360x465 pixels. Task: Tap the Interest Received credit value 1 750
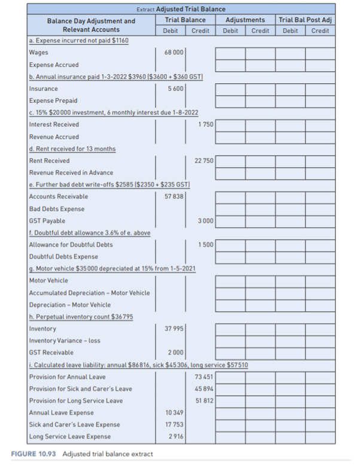click(205, 124)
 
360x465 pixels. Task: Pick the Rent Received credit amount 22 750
click(204, 160)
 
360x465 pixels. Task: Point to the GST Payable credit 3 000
click(205, 221)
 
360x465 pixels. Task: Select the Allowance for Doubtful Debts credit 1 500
click(205, 245)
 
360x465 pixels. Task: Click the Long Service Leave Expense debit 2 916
click(175, 437)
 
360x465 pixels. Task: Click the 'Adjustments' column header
click(245, 20)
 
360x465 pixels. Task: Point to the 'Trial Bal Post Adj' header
click(306, 20)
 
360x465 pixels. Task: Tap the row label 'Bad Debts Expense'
click(57, 209)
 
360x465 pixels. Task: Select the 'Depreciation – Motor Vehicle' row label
click(69, 305)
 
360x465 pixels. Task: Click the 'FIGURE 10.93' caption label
click(33, 454)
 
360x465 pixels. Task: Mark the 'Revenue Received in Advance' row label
click(71, 172)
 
